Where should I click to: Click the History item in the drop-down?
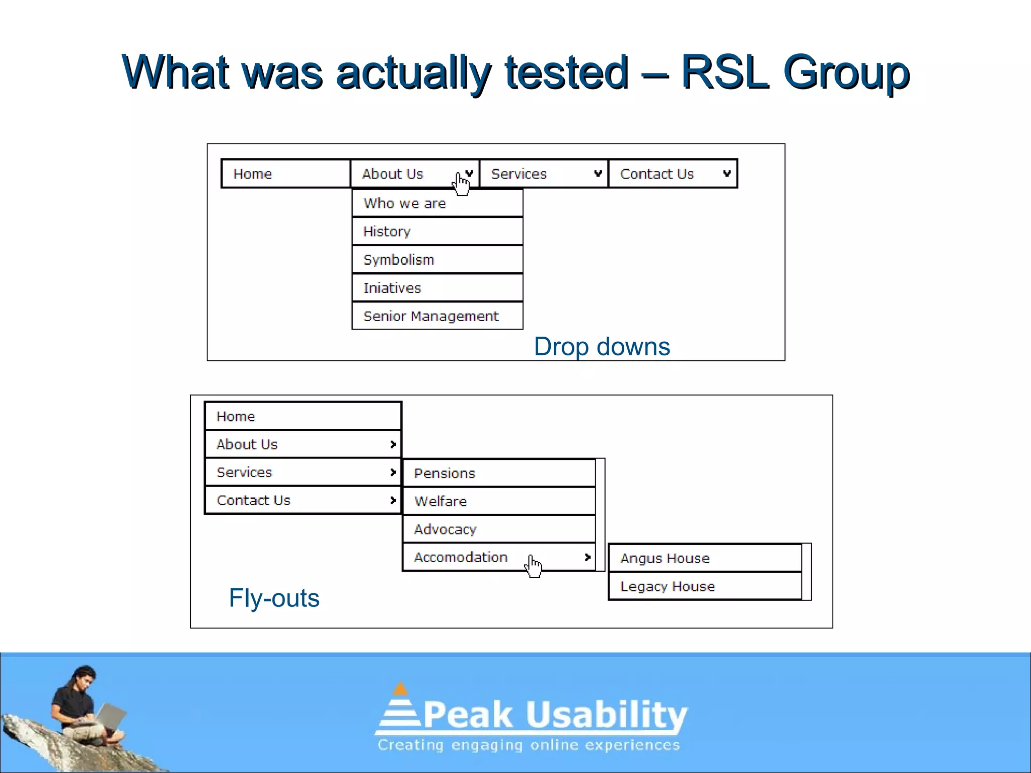coord(437,231)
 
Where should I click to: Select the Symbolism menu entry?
coord(437,260)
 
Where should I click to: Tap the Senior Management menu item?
coord(437,316)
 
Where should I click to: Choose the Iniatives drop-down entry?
coord(437,288)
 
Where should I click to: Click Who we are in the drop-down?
coord(437,203)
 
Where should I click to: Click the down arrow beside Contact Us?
coord(726,174)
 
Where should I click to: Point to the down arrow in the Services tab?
coord(598,174)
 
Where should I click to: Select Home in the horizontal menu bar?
coord(285,174)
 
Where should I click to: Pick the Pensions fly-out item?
coord(498,473)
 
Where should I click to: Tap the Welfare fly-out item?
coord(498,501)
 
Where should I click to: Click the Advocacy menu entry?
coord(498,529)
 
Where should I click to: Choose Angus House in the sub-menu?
coord(705,558)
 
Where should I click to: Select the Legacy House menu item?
coord(705,586)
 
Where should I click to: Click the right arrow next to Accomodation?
coord(587,557)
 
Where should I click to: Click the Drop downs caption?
coord(602,347)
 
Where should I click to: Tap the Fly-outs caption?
coord(274,598)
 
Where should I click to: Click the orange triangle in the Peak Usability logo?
coord(400,689)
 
